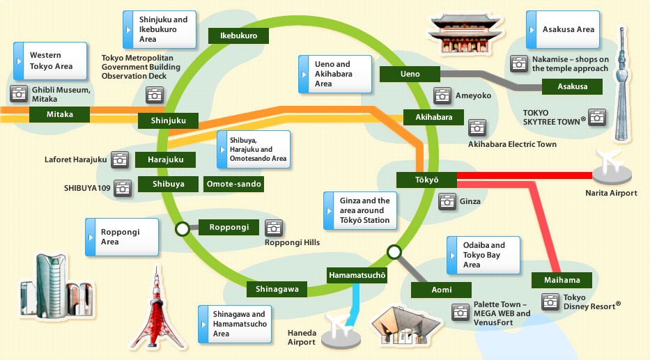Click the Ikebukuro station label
click(238, 36)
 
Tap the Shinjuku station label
click(169, 120)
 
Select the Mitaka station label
click(60, 114)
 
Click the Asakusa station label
click(572, 86)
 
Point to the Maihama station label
click(562, 280)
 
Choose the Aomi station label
click(441, 290)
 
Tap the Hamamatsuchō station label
click(357, 275)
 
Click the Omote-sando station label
click(234, 184)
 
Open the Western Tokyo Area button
click(50, 61)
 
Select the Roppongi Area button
click(122, 237)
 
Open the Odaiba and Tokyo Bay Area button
click(483, 255)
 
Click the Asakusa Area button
click(563, 29)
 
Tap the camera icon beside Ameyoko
click(442, 95)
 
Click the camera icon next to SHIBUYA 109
click(123, 189)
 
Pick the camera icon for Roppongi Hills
click(274, 228)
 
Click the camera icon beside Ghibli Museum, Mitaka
click(19, 94)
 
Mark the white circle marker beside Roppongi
click(183, 228)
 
